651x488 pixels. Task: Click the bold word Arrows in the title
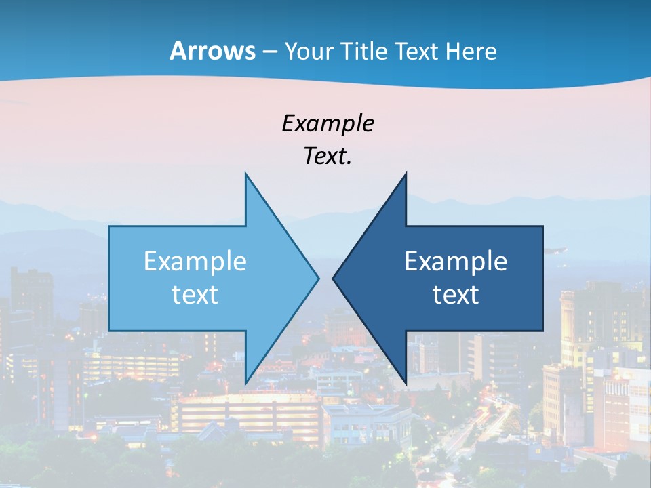tap(212, 51)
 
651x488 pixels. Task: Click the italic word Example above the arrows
tap(328, 123)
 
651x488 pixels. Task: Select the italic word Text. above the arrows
tap(328, 156)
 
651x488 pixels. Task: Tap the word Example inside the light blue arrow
tap(195, 261)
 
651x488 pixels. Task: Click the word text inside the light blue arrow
tap(195, 294)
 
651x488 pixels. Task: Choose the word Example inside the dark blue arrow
tap(456, 261)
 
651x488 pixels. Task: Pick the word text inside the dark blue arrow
tap(456, 294)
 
